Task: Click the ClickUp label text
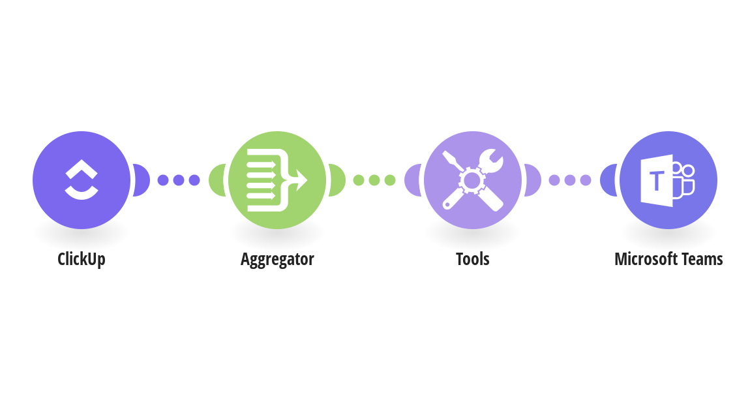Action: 82,259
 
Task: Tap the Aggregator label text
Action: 277,259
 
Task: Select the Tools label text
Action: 473,259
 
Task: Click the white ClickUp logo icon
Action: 82,180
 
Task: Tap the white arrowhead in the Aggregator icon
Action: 301,180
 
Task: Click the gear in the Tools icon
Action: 472,180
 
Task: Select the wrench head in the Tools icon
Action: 491,161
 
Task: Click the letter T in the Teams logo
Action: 657,181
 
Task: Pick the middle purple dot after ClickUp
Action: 179,180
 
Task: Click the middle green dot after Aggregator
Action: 374,180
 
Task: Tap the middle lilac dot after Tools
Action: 570,180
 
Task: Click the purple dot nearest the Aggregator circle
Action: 194,180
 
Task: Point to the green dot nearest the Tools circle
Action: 390,180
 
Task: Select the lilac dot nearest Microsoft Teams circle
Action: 586,180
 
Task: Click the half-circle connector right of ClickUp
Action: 142,180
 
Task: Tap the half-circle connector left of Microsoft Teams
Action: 608,180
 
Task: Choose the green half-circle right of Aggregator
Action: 338,180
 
